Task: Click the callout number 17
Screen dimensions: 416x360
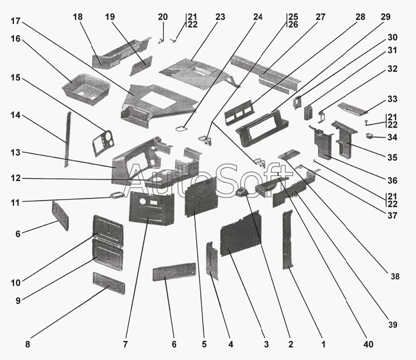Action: click(x=16, y=21)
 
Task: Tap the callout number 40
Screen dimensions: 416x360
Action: click(x=368, y=344)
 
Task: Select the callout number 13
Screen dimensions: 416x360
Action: click(x=16, y=153)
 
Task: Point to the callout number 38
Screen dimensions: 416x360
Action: click(x=395, y=277)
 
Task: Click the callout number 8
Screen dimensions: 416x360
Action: click(x=27, y=344)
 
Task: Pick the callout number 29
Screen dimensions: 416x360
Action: click(x=385, y=17)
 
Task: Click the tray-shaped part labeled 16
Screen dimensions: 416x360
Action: click(x=86, y=88)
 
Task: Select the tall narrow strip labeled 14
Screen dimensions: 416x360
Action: click(x=68, y=139)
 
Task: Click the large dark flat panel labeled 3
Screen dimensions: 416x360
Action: click(x=241, y=234)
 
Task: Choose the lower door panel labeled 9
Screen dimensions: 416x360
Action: click(x=107, y=255)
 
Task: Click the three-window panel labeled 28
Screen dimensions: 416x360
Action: click(x=239, y=112)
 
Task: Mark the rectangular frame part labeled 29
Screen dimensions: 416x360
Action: click(x=262, y=128)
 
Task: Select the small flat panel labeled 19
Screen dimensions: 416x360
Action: click(x=141, y=65)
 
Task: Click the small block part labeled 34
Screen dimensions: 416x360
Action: click(x=369, y=136)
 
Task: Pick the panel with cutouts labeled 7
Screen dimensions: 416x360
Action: click(x=152, y=210)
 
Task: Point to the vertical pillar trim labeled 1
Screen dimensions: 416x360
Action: click(x=287, y=239)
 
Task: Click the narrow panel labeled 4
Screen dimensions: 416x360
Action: click(x=212, y=261)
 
